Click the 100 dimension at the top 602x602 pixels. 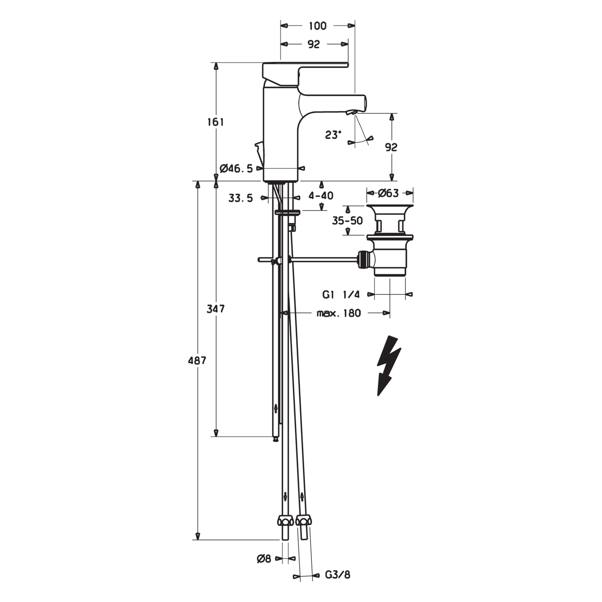click(x=318, y=26)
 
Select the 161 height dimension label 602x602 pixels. click(x=215, y=122)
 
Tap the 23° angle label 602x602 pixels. click(x=333, y=135)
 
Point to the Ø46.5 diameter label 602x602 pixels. click(x=236, y=169)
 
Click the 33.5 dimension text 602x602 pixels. click(x=240, y=198)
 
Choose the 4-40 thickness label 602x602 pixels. click(x=321, y=196)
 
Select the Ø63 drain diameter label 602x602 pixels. click(x=388, y=193)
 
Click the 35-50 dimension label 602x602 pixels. click(x=347, y=221)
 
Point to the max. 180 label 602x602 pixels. click(x=339, y=313)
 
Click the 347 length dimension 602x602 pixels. click(x=216, y=309)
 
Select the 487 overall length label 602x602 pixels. click(x=197, y=361)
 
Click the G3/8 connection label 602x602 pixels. click(x=337, y=575)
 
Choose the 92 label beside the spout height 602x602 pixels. click(x=391, y=147)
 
